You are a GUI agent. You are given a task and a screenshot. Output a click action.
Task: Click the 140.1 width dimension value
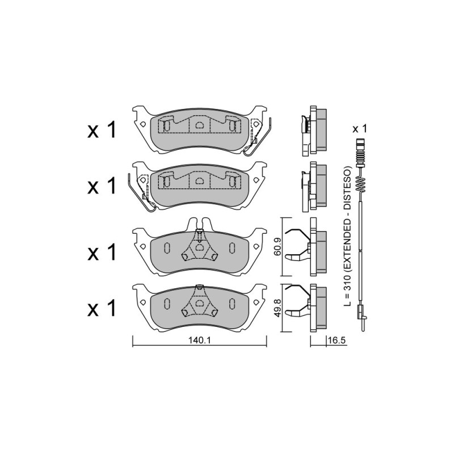[199, 341]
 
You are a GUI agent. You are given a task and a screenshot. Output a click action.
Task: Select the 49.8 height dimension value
[278, 308]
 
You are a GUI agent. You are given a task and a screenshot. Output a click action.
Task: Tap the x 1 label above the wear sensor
[359, 129]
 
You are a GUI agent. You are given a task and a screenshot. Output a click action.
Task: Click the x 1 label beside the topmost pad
[102, 131]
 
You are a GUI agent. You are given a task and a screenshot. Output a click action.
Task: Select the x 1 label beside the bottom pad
[102, 308]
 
